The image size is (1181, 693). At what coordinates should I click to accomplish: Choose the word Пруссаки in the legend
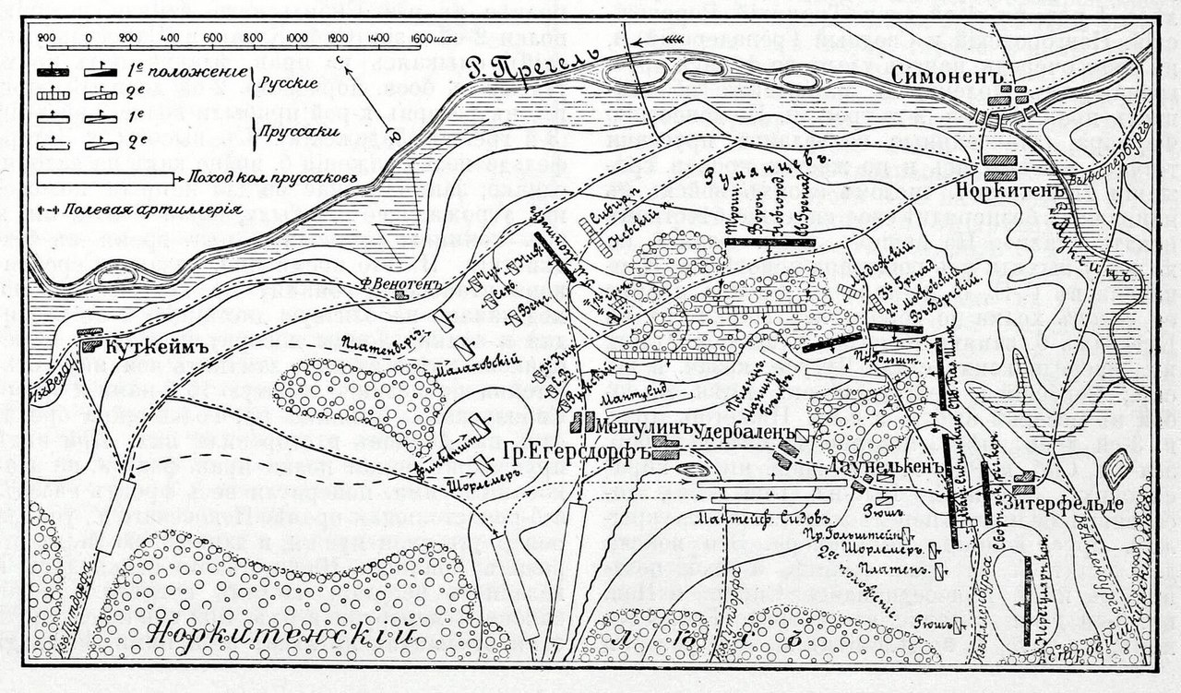292,132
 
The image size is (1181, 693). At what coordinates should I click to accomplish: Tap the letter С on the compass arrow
340,59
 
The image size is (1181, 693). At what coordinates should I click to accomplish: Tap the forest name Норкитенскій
280,635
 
